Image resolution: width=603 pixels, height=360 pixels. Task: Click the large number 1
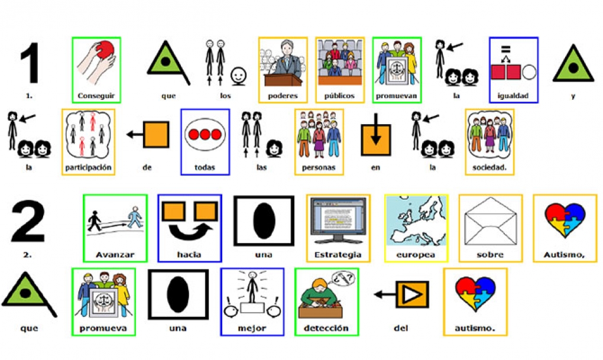coord(31,63)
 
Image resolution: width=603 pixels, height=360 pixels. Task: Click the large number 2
coord(28,220)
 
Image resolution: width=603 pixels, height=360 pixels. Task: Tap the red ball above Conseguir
coord(105,50)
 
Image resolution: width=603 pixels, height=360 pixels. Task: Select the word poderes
coord(283,96)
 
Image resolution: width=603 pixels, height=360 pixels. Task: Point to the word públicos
coord(339,96)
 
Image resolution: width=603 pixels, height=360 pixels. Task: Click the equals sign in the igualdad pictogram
coord(505,49)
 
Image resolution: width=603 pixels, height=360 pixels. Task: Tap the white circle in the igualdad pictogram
coord(529,72)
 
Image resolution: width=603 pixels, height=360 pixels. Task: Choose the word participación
coord(88,168)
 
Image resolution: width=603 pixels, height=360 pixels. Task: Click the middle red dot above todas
coord(205,135)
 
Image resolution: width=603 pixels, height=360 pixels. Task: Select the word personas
coord(319,168)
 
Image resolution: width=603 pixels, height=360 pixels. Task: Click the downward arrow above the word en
coord(376,129)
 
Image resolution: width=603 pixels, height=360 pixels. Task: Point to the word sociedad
coord(489,168)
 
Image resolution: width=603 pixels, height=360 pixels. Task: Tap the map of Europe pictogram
coord(417,221)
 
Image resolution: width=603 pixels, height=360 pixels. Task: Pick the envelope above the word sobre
coord(490,221)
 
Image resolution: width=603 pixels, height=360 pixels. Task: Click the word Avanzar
coord(115,255)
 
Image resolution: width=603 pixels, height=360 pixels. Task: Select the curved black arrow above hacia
coord(191,231)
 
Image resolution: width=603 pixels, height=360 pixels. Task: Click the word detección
coord(326,329)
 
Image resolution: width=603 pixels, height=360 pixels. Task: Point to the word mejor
coord(252,329)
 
